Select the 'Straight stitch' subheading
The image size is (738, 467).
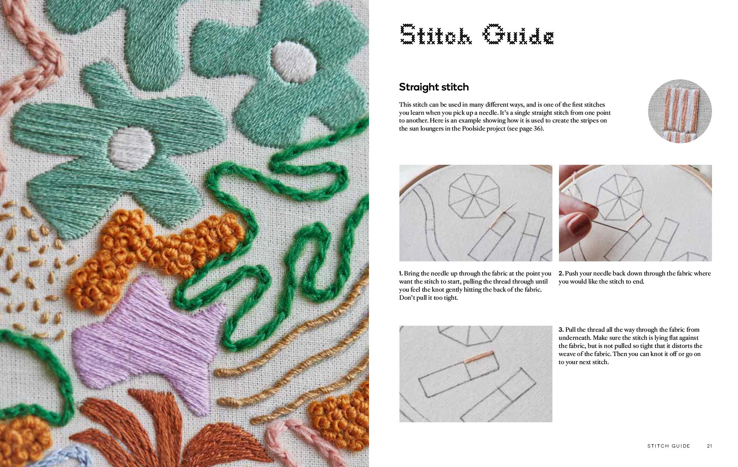click(434, 87)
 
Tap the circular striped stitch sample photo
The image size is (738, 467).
click(680, 111)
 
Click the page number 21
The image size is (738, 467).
click(709, 446)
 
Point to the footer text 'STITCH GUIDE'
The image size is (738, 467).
click(669, 446)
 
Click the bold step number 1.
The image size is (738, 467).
click(401, 274)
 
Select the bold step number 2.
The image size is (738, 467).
click(561, 274)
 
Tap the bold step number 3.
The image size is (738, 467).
click(561, 330)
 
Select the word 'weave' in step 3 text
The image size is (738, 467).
click(567, 354)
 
